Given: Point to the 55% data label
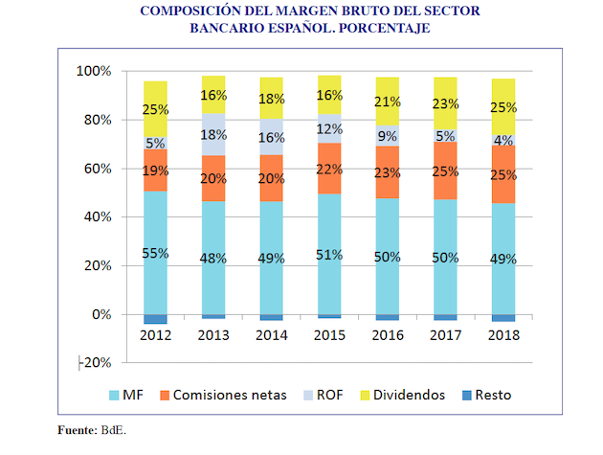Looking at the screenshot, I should pyautogui.click(x=156, y=254).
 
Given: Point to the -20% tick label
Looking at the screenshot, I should pyautogui.click(x=95, y=363).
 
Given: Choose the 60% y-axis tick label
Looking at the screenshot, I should pyautogui.click(x=97, y=170).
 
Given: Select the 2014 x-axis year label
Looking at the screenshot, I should pyautogui.click(x=272, y=334).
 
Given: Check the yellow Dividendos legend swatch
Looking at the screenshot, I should pyautogui.click(x=365, y=395).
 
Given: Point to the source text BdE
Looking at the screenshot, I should pyautogui.click(x=113, y=430).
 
